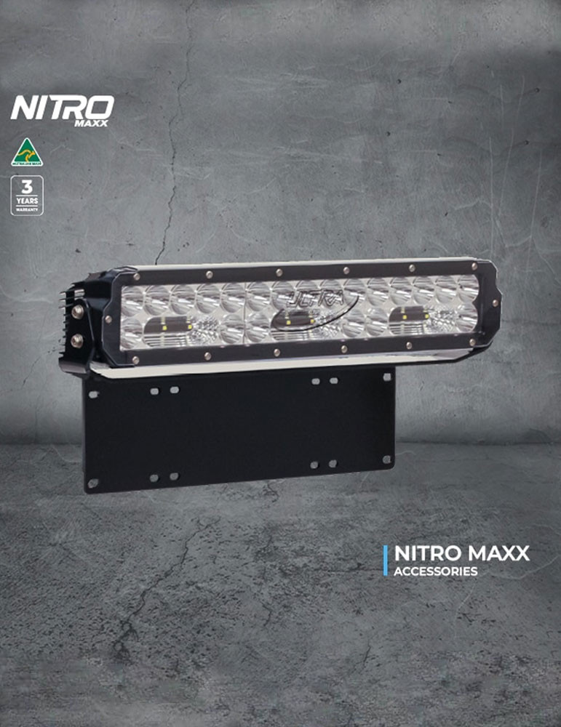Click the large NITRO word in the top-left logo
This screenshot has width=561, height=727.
(62, 108)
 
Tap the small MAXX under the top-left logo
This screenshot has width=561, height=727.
(91, 123)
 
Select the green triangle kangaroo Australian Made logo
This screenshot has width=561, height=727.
(27, 152)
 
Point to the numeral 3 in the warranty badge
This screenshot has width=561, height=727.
(27, 186)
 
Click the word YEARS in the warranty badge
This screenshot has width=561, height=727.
(27, 201)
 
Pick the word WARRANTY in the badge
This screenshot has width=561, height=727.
(27, 209)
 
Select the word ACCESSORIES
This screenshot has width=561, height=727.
(436, 571)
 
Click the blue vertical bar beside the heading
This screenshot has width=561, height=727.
(386, 561)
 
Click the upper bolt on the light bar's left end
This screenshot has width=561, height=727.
(78, 312)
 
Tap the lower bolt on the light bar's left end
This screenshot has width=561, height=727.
(77, 340)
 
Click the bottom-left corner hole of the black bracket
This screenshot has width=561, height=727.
(92, 483)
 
